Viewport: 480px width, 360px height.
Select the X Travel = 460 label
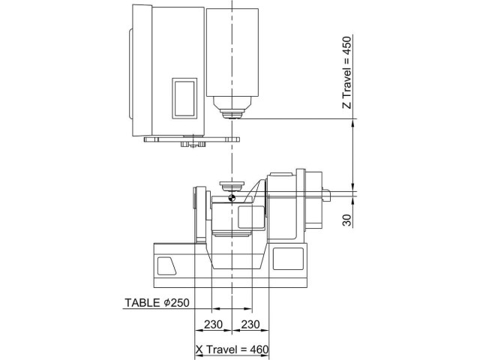click(x=232, y=350)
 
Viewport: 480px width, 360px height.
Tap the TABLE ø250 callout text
click(x=156, y=303)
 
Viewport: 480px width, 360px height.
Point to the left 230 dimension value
click(x=213, y=324)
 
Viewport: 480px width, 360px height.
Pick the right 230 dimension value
click(x=250, y=324)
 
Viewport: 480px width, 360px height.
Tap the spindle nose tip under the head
click(x=232, y=114)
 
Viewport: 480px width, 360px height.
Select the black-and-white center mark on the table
click(x=232, y=198)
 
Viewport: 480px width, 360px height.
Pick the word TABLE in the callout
click(x=140, y=303)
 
